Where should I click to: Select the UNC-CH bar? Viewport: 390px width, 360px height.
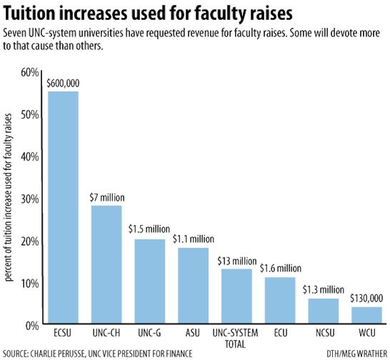(106, 265)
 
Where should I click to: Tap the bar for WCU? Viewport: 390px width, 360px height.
(367, 316)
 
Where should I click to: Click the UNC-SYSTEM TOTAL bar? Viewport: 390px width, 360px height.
(236, 296)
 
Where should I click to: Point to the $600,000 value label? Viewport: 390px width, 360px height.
(63, 83)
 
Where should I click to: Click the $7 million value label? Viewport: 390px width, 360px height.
(106, 197)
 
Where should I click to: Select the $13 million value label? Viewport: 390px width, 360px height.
(236, 261)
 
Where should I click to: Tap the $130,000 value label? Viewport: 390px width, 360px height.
(367, 299)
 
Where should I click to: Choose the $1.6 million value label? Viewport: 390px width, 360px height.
(280, 269)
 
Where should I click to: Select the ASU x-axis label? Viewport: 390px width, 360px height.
(193, 333)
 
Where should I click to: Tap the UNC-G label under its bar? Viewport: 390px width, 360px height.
(149, 333)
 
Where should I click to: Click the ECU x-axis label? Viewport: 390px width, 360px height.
(280, 333)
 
